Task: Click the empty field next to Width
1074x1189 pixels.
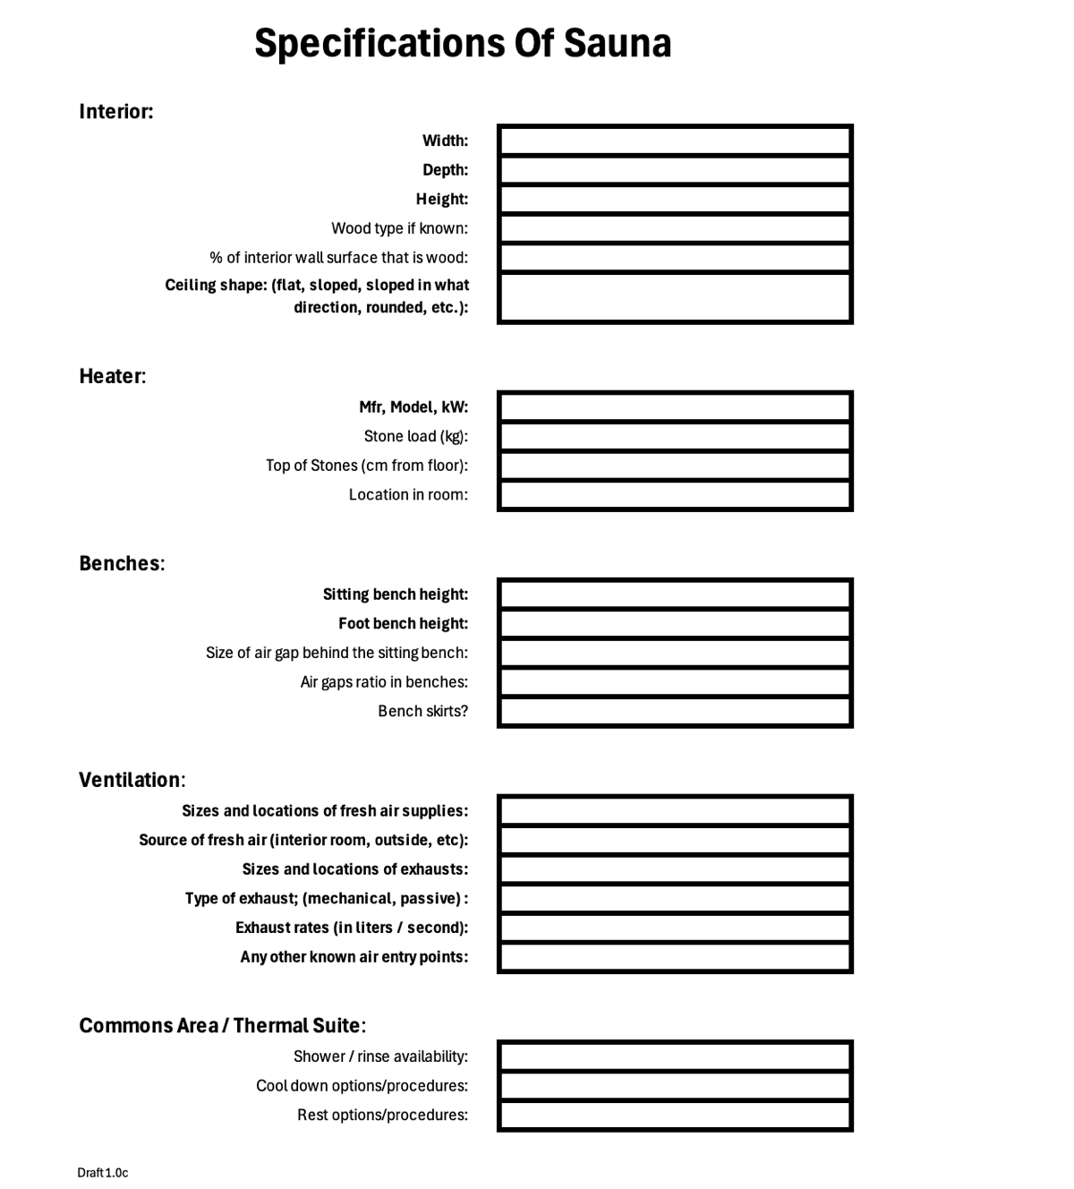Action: (x=675, y=141)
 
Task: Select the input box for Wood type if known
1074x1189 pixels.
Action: (x=675, y=228)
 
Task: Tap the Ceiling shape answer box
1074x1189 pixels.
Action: (x=675, y=297)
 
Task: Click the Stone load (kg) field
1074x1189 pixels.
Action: (x=675, y=436)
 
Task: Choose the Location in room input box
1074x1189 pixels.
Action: (x=675, y=494)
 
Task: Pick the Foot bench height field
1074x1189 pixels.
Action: (x=675, y=623)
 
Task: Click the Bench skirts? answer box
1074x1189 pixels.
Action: (x=675, y=711)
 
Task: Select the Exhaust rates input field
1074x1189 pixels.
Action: (x=675, y=928)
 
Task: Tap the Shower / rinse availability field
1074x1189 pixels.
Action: (x=675, y=1056)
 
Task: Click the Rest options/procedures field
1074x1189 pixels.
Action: (x=675, y=1115)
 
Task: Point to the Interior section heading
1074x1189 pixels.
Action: (x=115, y=112)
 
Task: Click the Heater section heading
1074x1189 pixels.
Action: (x=112, y=376)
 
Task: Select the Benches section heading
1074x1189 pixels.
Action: (x=122, y=563)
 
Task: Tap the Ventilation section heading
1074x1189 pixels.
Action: (x=132, y=780)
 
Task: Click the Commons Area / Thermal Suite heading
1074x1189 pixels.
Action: (x=222, y=1025)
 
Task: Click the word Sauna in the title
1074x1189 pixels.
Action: (x=617, y=43)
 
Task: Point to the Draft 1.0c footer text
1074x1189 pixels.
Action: (x=102, y=1173)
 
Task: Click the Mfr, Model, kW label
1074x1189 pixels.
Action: (x=413, y=407)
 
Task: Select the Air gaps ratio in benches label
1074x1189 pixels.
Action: (x=384, y=682)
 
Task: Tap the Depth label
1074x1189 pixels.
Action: (x=445, y=170)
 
